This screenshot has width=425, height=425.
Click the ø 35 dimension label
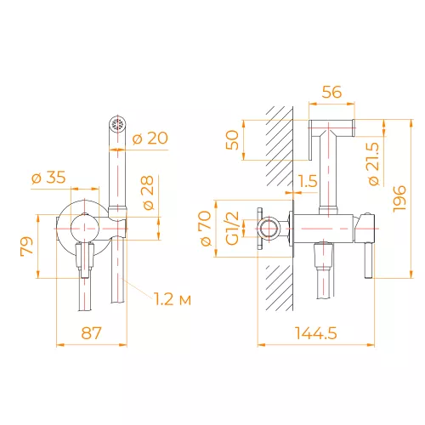[x=48, y=178]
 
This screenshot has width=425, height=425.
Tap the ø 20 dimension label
[x=150, y=139]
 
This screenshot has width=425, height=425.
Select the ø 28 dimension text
[x=148, y=193]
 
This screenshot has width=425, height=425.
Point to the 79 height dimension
[x=27, y=246]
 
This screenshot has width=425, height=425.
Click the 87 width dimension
[x=91, y=333]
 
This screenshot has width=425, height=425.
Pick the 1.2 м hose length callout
[x=173, y=299]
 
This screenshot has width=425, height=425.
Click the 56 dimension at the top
[x=331, y=92]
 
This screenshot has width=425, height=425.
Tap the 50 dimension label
[x=232, y=139]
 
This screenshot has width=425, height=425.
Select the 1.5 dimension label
[x=308, y=181]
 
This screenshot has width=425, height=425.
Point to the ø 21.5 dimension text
[x=374, y=164]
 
